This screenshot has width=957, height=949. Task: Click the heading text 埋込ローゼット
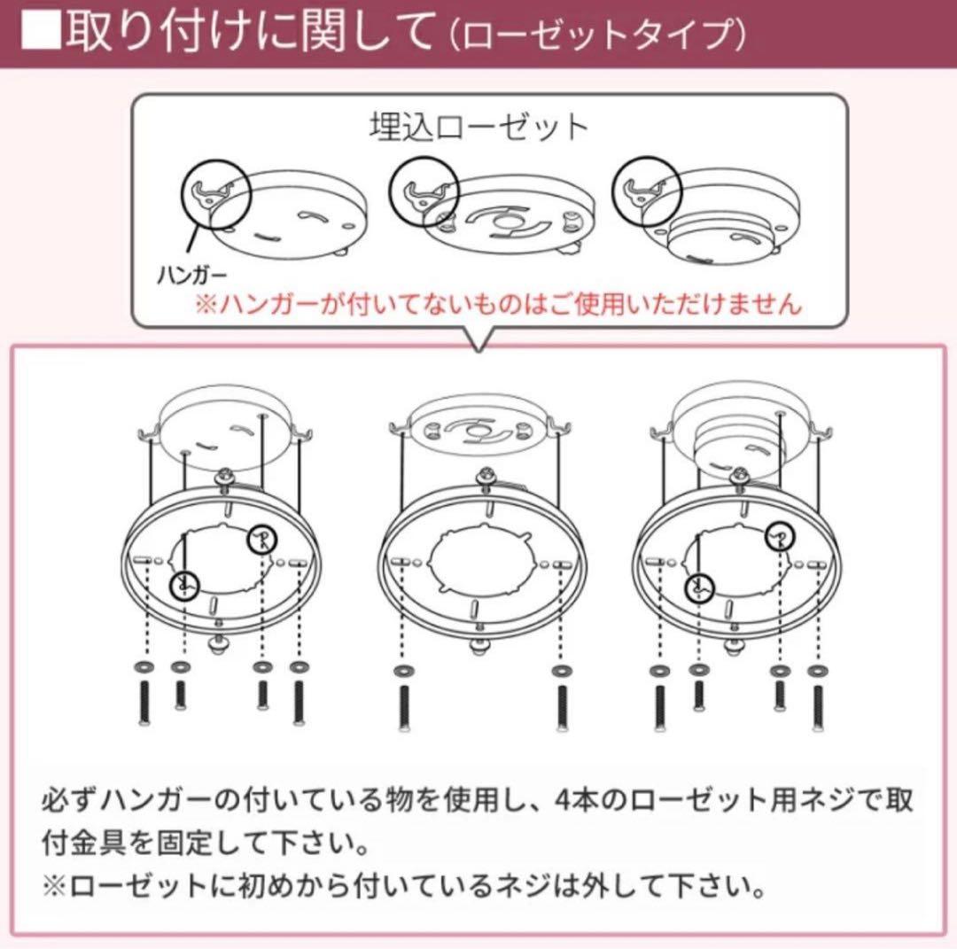click(478, 128)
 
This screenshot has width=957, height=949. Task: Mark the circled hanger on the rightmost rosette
click(647, 191)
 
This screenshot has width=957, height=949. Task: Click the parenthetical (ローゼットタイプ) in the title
click(595, 35)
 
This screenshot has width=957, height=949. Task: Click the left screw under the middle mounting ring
click(403, 705)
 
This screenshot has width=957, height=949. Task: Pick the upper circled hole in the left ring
click(260, 538)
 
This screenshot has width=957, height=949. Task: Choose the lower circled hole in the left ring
click(184, 584)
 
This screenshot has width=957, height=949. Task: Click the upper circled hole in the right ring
click(780, 534)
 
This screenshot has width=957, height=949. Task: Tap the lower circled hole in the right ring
click(700, 587)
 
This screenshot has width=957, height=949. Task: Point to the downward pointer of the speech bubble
click(478, 340)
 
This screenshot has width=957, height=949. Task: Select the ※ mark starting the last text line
click(51, 885)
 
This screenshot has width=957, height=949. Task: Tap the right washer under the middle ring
click(560, 666)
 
